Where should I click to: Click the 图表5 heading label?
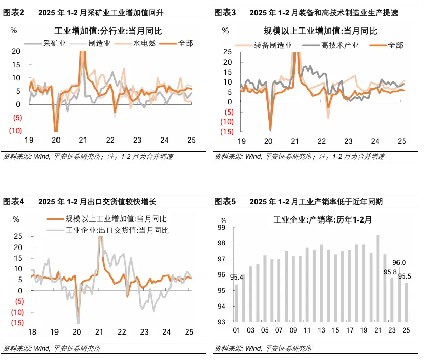[x=225, y=202]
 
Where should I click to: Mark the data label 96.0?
[x=400, y=262]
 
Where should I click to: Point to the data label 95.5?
[x=405, y=276]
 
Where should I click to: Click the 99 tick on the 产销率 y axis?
[x=222, y=228]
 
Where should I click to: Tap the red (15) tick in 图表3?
[x=227, y=132]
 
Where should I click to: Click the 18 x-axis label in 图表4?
[x=32, y=331]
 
